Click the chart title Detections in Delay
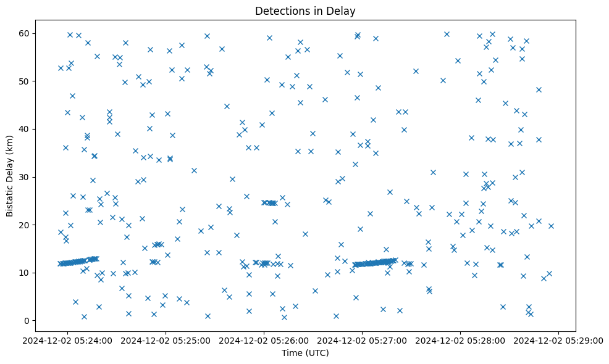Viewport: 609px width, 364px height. coord(305,11)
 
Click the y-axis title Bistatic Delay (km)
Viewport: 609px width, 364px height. coord(10,176)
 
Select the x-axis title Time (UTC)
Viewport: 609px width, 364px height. coord(305,353)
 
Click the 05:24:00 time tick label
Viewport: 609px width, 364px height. coord(68,340)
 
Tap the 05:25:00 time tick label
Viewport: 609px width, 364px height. coord(166,340)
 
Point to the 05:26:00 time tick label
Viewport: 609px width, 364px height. coord(264,340)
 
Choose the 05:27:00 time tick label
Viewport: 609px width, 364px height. coord(363,340)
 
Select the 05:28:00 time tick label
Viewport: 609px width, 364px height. coord(461,340)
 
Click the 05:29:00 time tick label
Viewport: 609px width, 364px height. coord(559,340)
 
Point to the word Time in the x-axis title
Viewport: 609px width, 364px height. coord(292,353)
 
